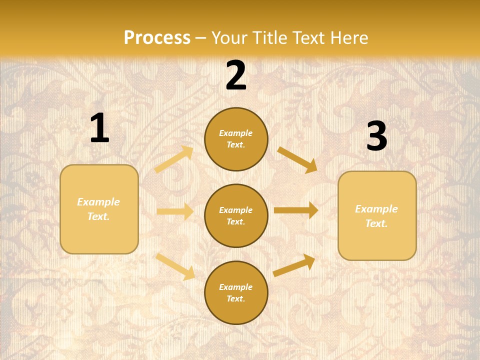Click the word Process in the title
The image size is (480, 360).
pyautogui.click(x=157, y=37)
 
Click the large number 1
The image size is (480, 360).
pyautogui.click(x=99, y=128)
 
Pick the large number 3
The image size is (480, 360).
pyautogui.click(x=376, y=136)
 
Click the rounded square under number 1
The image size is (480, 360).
pyautogui.click(x=99, y=209)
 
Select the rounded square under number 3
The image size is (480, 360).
pyautogui.click(x=377, y=215)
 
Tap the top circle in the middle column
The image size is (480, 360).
pyautogui.click(x=236, y=139)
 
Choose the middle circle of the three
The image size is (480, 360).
pyautogui.click(x=236, y=215)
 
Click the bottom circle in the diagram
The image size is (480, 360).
pyautogui.click(x=236, y=292)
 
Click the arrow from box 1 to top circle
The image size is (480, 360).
pyautogui.click(x=174, y=159)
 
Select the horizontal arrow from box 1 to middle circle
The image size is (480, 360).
pyautogui.click(x=175, y=211)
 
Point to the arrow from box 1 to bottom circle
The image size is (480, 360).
pyautogui.click(x=175, y=266)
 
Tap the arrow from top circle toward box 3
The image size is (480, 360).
pyautogui.click(x=297, y=159)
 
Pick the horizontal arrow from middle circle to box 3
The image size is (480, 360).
pyautogui.click(x=296, y=210)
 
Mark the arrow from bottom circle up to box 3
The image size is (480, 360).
pyautogui.click(x=294, y=265)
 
